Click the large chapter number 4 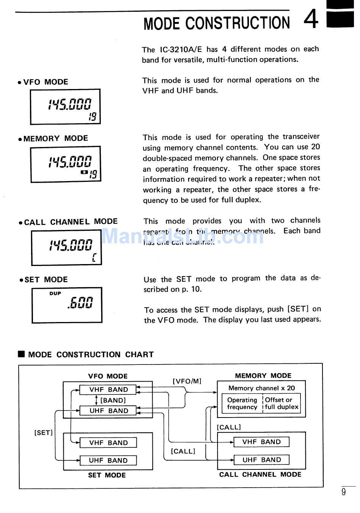click(311, 20)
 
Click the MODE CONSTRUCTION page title click(216, 23)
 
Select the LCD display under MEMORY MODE click(65, 164)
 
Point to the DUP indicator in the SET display click(55, 293)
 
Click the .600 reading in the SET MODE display click(80, 303)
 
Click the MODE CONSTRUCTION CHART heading click(90, 355)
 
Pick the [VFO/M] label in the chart click(187, 381)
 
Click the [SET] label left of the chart click(44, 433)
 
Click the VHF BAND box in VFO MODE click(108, 389)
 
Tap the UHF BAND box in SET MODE click(108, 460)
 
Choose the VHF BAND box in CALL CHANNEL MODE click(261, 442)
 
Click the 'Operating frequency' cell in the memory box click(242, 404)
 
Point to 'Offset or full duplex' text click(281, 404)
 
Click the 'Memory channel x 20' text click(261, 388)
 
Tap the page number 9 click(343, 492)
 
